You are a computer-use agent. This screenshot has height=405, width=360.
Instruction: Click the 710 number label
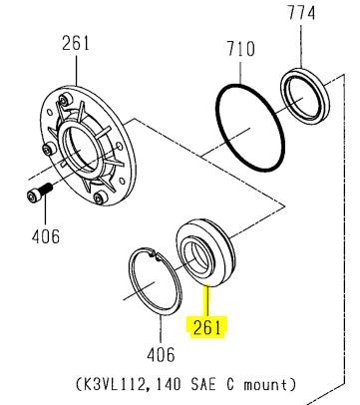pyautogui.click(x=240, y=49)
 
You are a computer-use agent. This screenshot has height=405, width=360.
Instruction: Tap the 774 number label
pyautogui.click(x=301, y=13)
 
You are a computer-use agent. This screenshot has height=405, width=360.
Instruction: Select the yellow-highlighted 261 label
pyautogui.click(x=206, y=328)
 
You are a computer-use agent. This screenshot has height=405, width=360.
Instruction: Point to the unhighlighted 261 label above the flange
pyautogui.click(x=76, y=43)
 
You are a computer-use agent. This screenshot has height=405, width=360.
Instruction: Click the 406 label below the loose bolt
pyautogui.click(x=46, y=236)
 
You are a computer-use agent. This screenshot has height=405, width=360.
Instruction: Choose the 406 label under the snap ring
pyautogui.click(x=161, y=355)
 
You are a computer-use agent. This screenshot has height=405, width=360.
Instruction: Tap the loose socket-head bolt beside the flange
pyautogui.click(x=39, y=193)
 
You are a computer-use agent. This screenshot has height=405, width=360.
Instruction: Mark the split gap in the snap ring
pyautogui.click(x=154, y=255)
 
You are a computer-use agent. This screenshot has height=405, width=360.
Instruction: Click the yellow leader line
pyautogui.click(x=207, y=301)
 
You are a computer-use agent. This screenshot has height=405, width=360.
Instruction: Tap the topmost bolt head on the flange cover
pyautogui.click(x=64, y=100)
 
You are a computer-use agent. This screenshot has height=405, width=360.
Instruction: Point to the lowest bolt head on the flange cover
pyautogui.click(x=99, y=198)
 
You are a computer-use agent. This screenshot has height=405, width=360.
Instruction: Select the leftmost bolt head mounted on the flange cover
pyautogui.click(x=49, y=150)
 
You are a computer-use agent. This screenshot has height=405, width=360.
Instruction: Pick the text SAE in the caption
pyautogui.click(x=203, y=385)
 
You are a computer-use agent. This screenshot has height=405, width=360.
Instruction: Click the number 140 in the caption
pyautogui.click(x=169, y=385)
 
